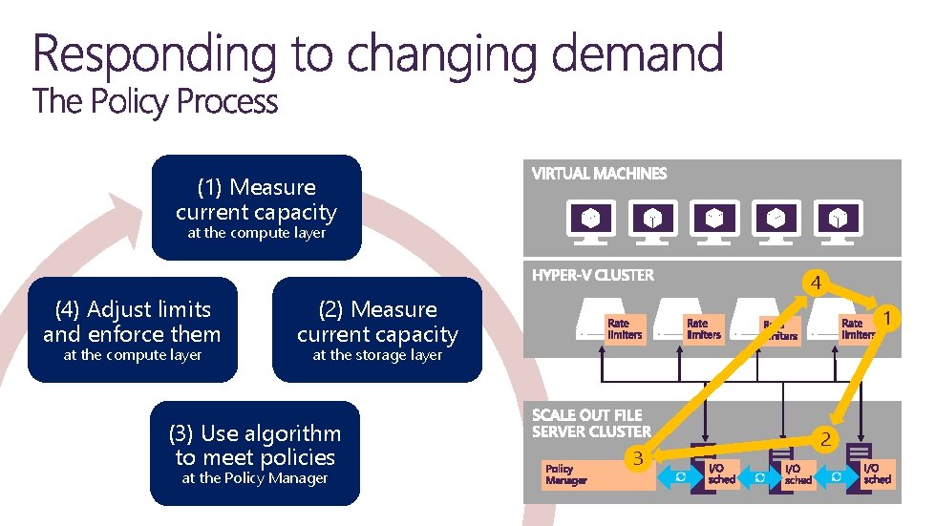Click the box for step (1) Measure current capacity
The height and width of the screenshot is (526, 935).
(x=256, y=208)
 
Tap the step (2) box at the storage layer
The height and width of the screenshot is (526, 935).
(x=377, y=329)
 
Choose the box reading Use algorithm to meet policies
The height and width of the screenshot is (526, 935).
(x=254, y=453)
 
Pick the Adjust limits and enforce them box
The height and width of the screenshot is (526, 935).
(x=132, y=329)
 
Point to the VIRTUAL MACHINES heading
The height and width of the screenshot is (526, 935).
(x=599, y=174)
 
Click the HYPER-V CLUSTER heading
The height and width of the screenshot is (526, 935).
(x=593, y=275)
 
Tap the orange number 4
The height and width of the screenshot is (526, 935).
(x=815, y=284)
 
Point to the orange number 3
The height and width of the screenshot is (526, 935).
(x=634, y=460)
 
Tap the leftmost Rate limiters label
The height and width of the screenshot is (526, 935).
(x=625, y=329)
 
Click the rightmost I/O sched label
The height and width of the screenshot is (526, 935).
(x=877, y=473)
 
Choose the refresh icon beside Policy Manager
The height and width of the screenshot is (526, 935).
(x=681, y=475)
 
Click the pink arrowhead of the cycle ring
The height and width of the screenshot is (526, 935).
(x=121, y=212)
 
